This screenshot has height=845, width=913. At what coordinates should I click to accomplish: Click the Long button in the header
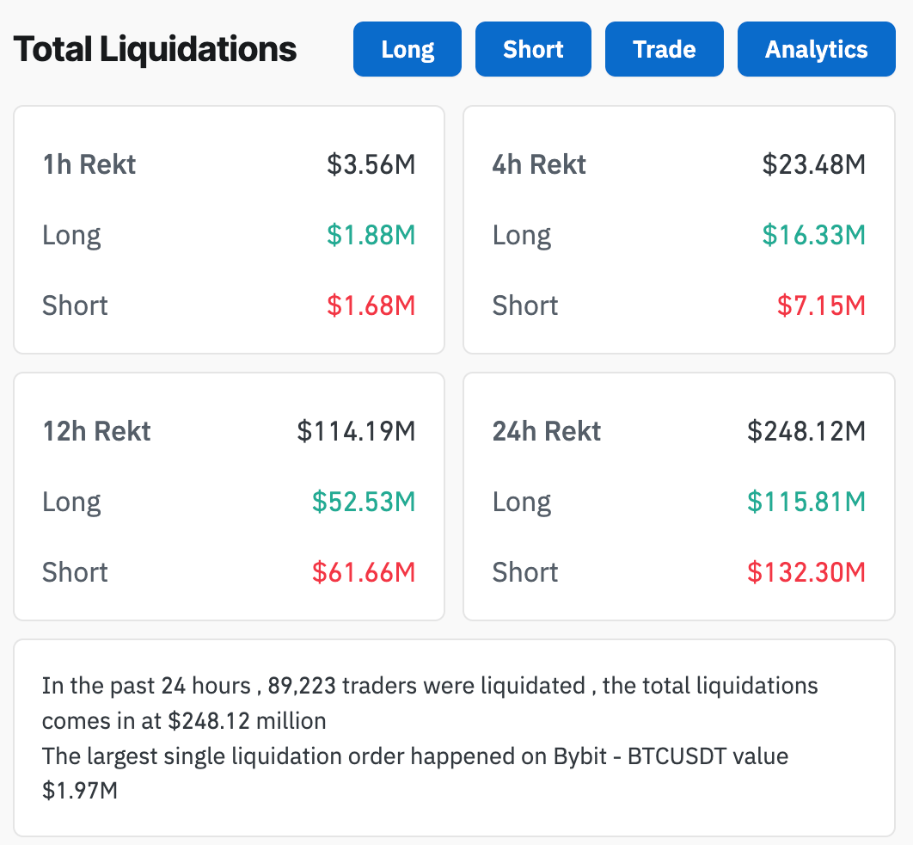[x=407, y=49]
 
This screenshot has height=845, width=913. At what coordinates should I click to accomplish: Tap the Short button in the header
[x=533, y=49]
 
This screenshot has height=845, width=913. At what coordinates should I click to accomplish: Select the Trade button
[x=665, y=49]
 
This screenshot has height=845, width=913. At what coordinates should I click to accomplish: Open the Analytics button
[x=816, y=49]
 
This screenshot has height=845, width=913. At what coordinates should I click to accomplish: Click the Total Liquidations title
[x=156, y=49]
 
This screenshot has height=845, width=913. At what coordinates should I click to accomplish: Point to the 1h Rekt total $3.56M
[x=371, y=164]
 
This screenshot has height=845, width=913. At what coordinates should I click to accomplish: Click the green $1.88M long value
[x=371, y=235]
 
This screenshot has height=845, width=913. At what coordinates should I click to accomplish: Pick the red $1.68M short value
[x=371, y=305]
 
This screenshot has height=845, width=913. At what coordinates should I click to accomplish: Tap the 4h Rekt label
[x=539, y=164]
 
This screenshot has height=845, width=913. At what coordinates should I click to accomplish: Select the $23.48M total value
[x=813, y=164]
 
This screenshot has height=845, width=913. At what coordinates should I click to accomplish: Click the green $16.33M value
[x=813, y=235]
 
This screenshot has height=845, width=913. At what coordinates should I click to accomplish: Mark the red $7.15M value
[x=821, y=305]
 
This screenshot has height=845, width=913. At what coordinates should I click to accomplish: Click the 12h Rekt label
[x=96, y=431]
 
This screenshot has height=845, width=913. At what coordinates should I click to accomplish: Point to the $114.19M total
[x=356, y=431]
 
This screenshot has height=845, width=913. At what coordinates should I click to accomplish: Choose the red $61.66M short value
[x=364, y=572]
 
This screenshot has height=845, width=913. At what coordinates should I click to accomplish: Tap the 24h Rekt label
[x=547, y=431]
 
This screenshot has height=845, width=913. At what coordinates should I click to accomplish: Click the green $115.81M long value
[x=806, y=502]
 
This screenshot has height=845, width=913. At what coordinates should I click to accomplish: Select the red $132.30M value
[x=806, y=572]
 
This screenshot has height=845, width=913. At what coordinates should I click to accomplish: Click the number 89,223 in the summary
[x=305, y=687]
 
